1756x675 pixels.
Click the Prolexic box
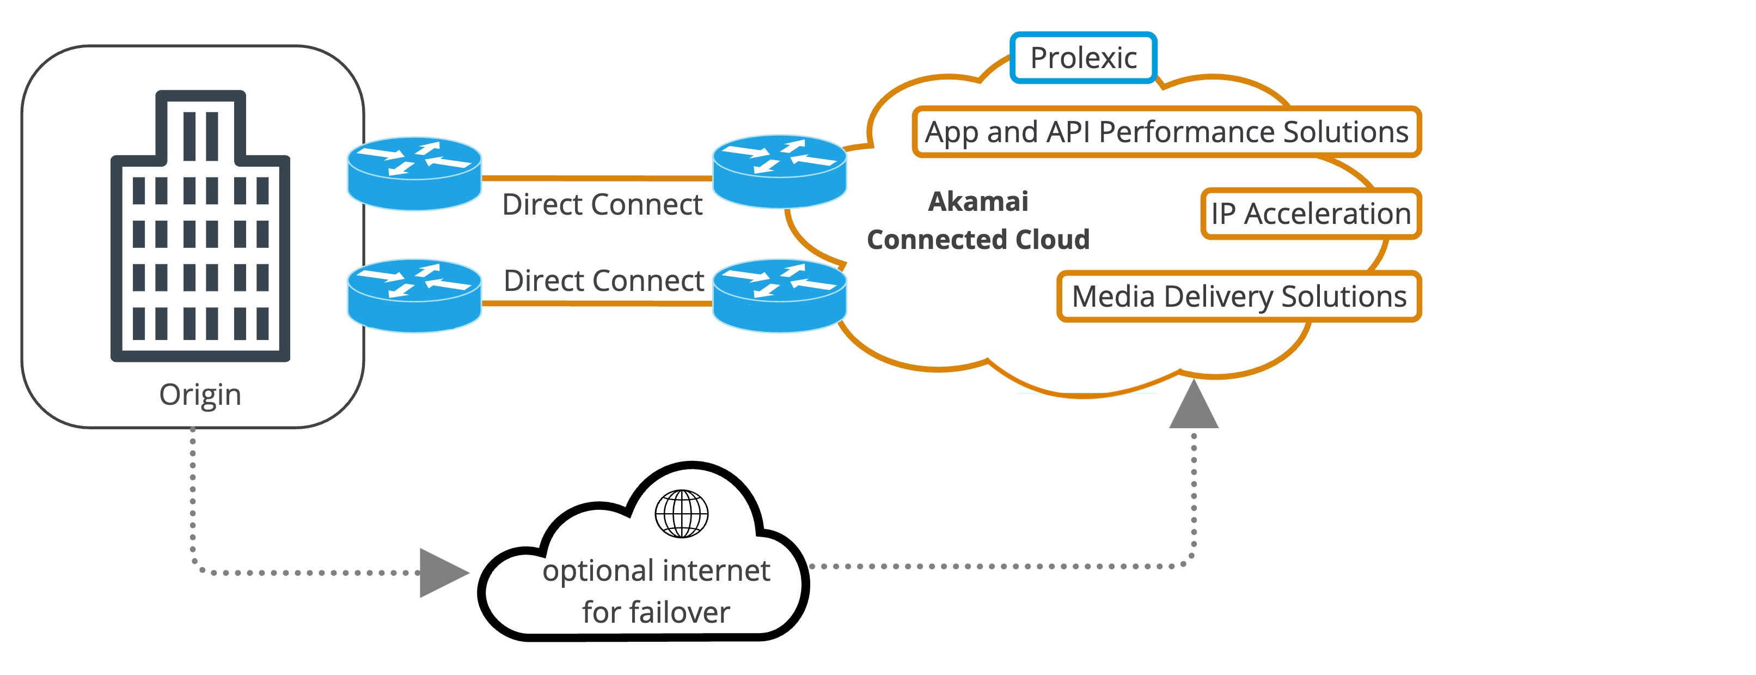point(1083,58)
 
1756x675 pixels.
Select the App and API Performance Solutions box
point(1166,132)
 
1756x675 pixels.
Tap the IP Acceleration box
point(1310,214)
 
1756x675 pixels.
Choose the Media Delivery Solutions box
point(1239,296)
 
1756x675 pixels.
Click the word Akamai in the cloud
point(978,202)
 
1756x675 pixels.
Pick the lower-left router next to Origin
point(414,295)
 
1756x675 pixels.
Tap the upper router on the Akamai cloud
point(779,171)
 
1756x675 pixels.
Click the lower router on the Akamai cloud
point(779,295)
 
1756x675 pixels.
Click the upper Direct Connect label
point(602,204)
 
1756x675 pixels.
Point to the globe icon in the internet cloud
point(682,513)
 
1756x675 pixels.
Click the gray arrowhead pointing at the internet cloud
point(442,573)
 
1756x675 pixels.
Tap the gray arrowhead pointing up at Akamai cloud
point(1194,406)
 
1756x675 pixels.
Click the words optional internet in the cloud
point(656,571)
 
